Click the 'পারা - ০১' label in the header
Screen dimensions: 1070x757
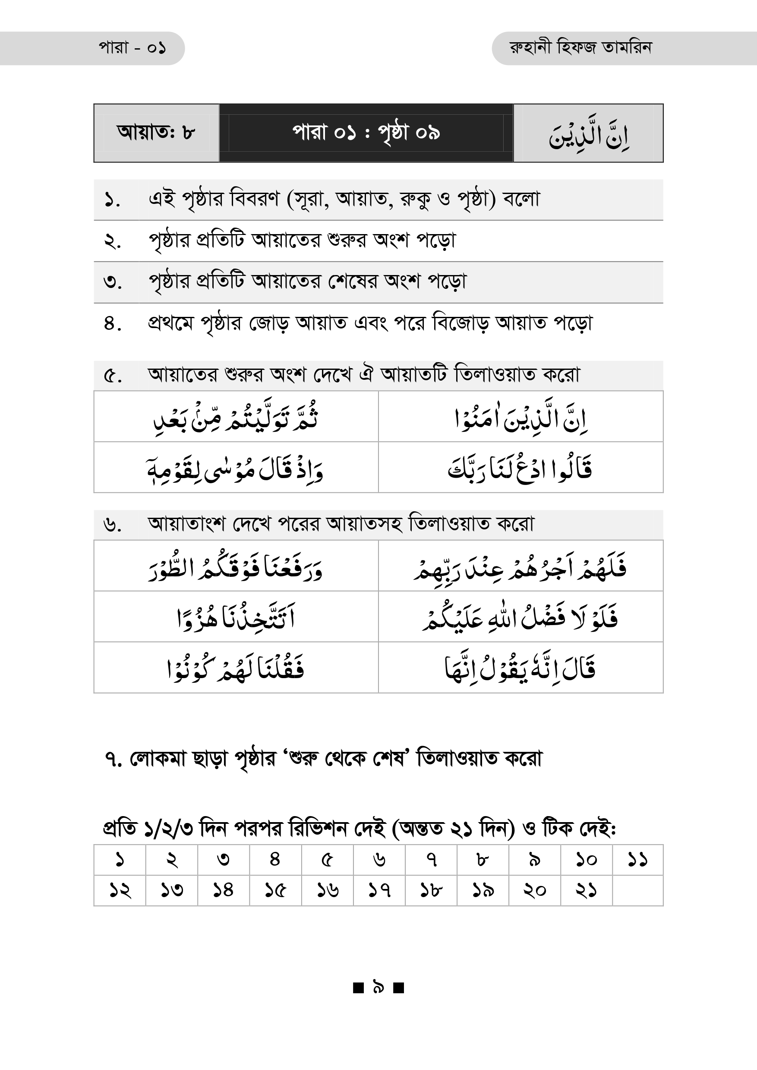pos(132,48)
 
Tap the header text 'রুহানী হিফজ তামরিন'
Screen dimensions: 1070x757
pos(580,48)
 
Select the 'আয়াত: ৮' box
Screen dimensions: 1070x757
pos(156,133)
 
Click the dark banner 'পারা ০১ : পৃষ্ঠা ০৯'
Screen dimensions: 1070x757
pos(366,133)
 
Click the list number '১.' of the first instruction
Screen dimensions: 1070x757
pos(112,200)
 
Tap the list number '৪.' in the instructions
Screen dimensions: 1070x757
pos(112,323)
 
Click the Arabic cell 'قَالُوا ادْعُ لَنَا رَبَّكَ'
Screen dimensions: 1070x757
pos(520,468)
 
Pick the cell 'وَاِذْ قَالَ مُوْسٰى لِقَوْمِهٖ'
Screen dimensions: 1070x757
pos(236,468)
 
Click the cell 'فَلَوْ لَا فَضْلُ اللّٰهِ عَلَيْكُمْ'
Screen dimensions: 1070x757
pos(520,617)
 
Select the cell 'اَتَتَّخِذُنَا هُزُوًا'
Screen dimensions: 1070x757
pos(236,617)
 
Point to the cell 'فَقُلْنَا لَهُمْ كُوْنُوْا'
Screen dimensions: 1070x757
pos(236,668)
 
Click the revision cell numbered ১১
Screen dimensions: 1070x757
pos(637,860)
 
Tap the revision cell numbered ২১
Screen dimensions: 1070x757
pos(586,891)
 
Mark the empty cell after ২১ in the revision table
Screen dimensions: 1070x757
pos(637,891)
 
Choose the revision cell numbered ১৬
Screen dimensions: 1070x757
pos(327,891)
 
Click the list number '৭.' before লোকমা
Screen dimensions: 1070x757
pos(114,760)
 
